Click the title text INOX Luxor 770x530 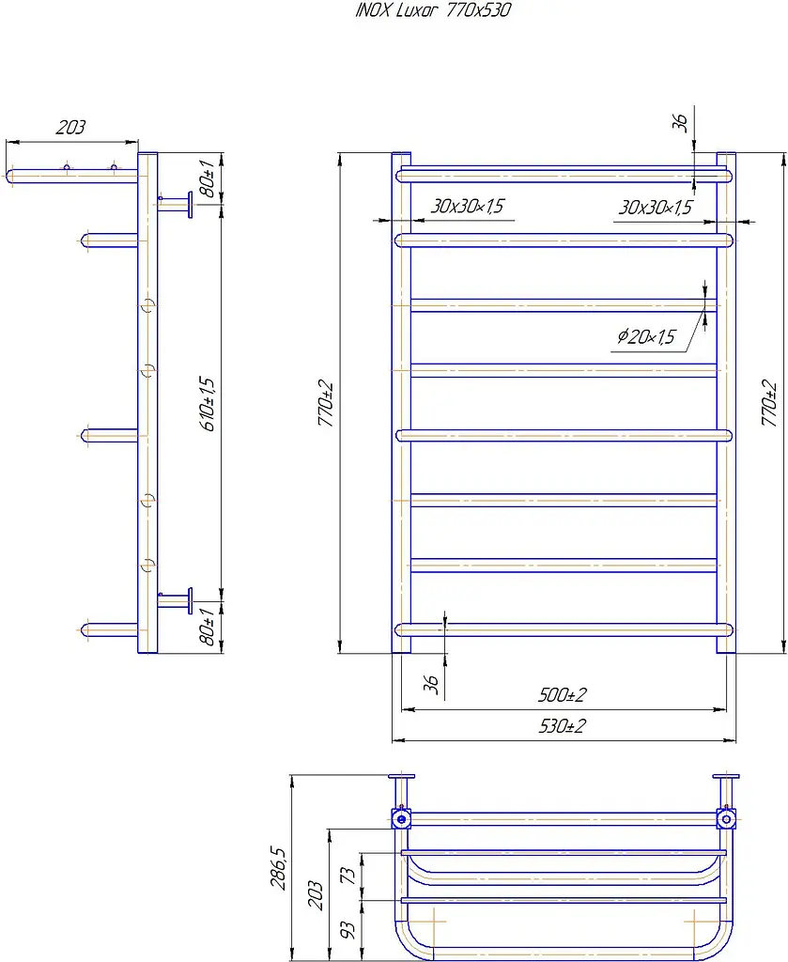[433, 10]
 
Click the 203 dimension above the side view [70, 127]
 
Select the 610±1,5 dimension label [209, 404]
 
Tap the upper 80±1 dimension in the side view [208, 178]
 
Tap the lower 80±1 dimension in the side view [208, 627]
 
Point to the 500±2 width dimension [563, 694]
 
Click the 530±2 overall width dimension [563, 726]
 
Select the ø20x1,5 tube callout [646, 336]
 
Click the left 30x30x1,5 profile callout [468, 206]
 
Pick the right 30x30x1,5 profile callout [655, 208]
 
